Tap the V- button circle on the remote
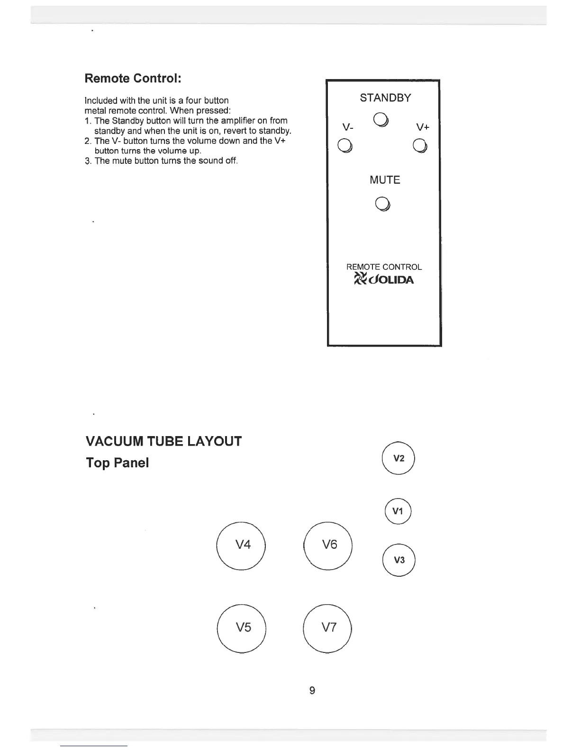(344, 146)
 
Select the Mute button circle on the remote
(382, 204)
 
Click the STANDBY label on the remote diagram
(385, 98)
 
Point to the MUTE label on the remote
(385, 180)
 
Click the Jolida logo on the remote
(384, 279)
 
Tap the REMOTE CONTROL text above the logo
(384, 267)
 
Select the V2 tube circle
(399, 458)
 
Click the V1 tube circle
(398, 511)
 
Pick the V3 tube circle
(399, 560)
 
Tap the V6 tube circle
(328, 545)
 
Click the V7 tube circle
(328, 628)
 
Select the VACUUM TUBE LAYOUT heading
(163, 441)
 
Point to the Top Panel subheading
(117, 463)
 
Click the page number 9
(312, 690)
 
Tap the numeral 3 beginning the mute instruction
(88, 161)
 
